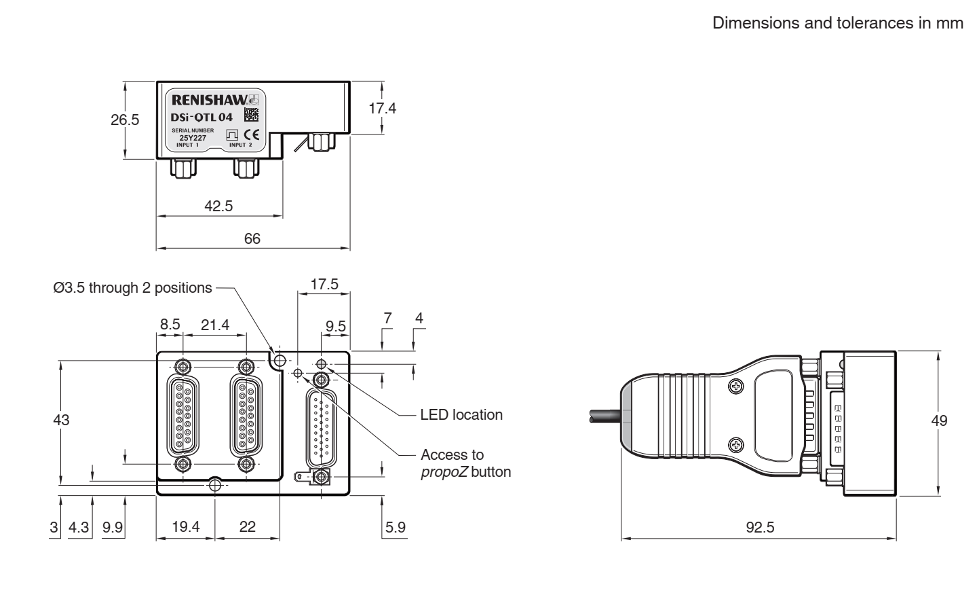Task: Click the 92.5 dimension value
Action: [x=759, y=527]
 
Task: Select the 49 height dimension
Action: [x=939, y=421]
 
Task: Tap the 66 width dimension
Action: [x=252, y=238]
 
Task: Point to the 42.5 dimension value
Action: [x=218, y=206]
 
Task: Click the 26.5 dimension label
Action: [x=125, y=120]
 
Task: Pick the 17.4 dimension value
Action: [x=382, y=108]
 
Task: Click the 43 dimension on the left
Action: [x=61, y=420]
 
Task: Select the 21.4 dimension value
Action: [x=214, y=325]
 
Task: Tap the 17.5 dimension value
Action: [x=324, y=284]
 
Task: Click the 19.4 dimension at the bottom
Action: [x=185, y=526]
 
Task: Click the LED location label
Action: [x=461, y=414]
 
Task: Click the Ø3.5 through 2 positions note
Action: [x=132, y=287]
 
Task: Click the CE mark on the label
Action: [x=251, y=134]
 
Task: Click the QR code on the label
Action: [x=250, y=114]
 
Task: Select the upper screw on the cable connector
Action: [x=735, y=387]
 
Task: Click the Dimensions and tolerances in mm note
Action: [x=837, y=23]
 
